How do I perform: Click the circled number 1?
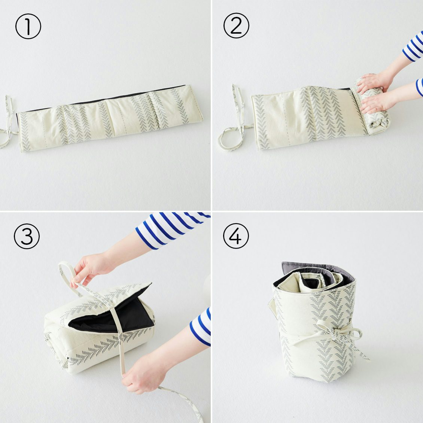pyautogui.click(x=28, y=26)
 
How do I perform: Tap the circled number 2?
pyautogui.click(x=236, y=25)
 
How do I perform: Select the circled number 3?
pyautogui.click(x=27, y=236)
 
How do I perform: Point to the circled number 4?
pyautogui.click(x=236, y=236)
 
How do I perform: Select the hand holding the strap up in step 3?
pyautogui.click(x=90, y=270)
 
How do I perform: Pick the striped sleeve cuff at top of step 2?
pyautogui.click(x=413, y=47)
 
